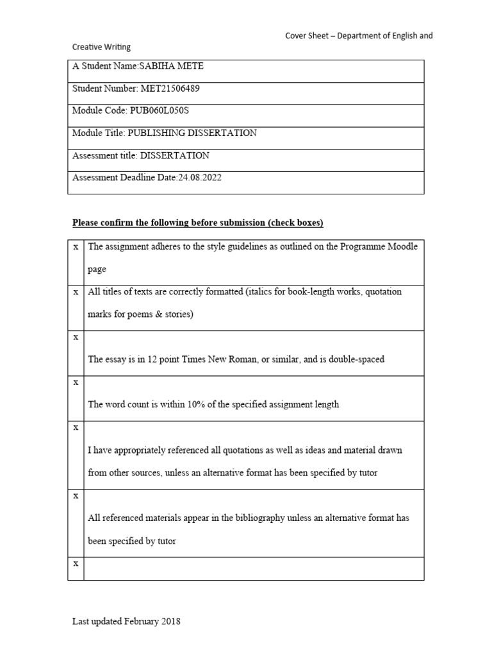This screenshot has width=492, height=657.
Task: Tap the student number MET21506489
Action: [x=165, y=89]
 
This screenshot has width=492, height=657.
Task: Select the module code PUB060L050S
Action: [x=160, y=110]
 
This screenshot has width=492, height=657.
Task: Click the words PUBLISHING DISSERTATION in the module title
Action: [x=192, y=133]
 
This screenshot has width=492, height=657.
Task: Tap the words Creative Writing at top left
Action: [x=101, y=47]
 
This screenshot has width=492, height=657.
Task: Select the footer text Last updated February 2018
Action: [x=126, y=621]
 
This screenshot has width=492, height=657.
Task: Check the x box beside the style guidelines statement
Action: [x=76, y=246]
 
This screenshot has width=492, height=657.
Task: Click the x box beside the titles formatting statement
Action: [x=76, y=291]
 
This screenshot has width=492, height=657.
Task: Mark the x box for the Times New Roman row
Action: [x=76, y=337]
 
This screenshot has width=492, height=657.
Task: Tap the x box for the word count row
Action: [x=76, y=382]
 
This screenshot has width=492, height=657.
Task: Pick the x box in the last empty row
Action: [x=76, y=563]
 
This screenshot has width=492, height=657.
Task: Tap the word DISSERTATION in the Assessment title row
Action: [x=174, y=155]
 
